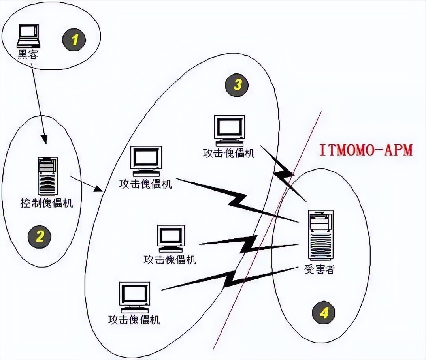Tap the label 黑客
click(x=28, y=54)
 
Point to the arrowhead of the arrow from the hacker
click(x=45, y=140)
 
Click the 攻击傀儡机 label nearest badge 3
click(x=229, y=153)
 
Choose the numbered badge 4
click(x=324, y=313)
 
